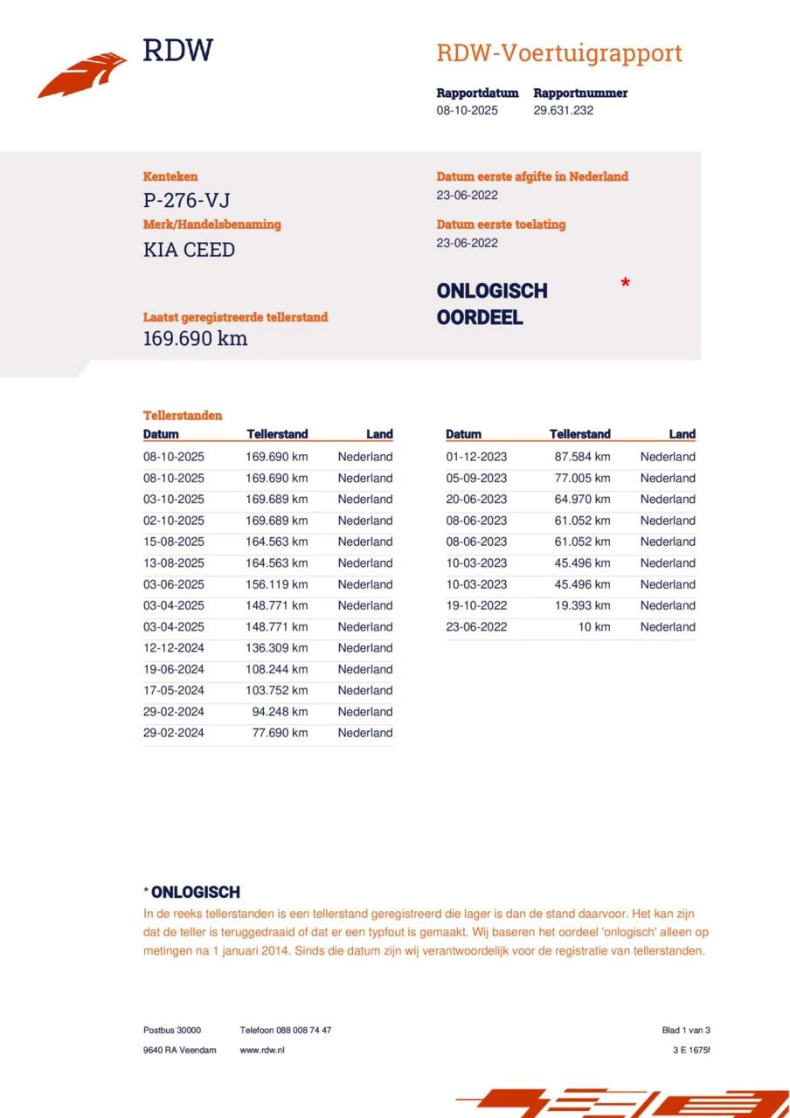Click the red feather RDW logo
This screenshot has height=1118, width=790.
point(82,75)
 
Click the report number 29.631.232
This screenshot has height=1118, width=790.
point(563,111)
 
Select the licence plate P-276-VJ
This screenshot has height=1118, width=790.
point(186,202)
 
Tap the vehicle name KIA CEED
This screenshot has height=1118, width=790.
point(189,250)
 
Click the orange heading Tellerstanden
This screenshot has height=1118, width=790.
point(183,416)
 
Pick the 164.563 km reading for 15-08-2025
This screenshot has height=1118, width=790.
point(276,542)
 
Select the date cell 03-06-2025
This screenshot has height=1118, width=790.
point(174,584)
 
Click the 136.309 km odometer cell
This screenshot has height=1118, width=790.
point(276,648)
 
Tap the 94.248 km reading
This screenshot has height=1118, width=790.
point(280,712)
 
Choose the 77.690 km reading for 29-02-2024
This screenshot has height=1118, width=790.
point(280,733)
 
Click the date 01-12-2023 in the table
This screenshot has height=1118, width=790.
point(476,457)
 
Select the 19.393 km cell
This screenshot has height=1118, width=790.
point(582,605)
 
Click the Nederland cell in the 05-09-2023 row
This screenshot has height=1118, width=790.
point(668,478)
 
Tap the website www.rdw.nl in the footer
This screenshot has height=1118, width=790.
point(262,1050)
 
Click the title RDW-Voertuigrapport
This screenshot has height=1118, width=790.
point(558,53)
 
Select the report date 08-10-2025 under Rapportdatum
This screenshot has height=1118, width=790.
point(468,111)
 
